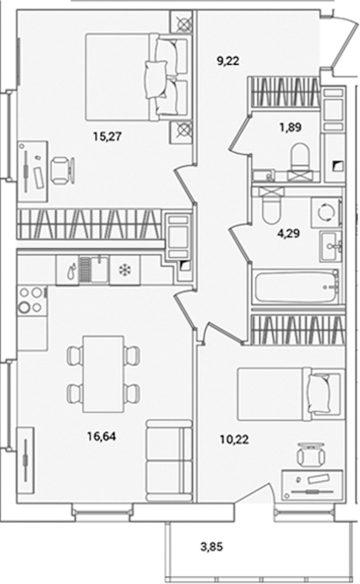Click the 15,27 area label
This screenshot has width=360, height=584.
point(107,137)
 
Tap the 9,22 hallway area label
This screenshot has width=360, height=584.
point(228,61)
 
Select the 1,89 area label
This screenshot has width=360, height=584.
point(290,128)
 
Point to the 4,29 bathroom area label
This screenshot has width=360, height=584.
point(289,234)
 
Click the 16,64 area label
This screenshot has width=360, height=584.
point(101,436)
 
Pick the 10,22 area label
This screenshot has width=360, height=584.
point(234,440)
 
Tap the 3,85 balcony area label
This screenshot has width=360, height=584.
point(211,547)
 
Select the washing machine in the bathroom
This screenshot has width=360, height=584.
point(326,212)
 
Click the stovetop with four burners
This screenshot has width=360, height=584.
point(31,301)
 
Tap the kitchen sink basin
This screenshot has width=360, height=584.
point(98,269)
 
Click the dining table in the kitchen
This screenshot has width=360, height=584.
point(103,374)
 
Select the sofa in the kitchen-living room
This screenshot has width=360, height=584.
point(169,460)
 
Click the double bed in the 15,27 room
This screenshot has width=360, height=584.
point(136,77)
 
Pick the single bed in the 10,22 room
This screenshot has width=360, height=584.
point(291,394)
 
